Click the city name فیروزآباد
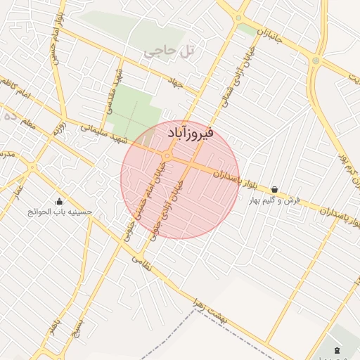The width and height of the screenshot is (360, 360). point(191,133)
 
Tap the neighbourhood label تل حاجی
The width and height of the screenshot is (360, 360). point(168,51)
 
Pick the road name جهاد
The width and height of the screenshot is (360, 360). point(174,84)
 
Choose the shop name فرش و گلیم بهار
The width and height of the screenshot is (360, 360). point(275,200)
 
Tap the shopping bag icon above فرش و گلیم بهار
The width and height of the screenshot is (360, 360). point(274,189)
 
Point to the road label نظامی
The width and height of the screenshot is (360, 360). point(137,264)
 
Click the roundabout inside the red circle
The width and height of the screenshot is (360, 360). point(167,155)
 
